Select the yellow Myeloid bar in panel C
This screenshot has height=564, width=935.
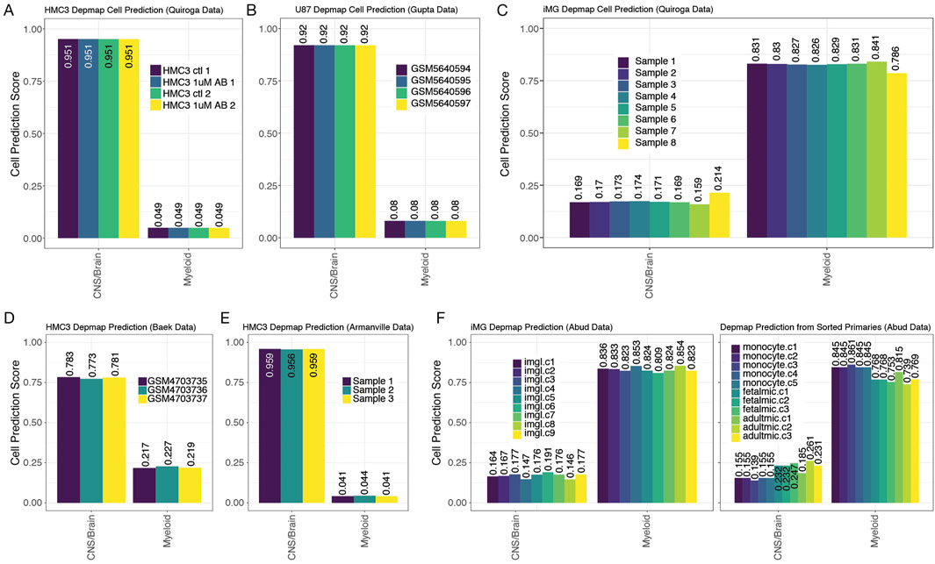point(896,155)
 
